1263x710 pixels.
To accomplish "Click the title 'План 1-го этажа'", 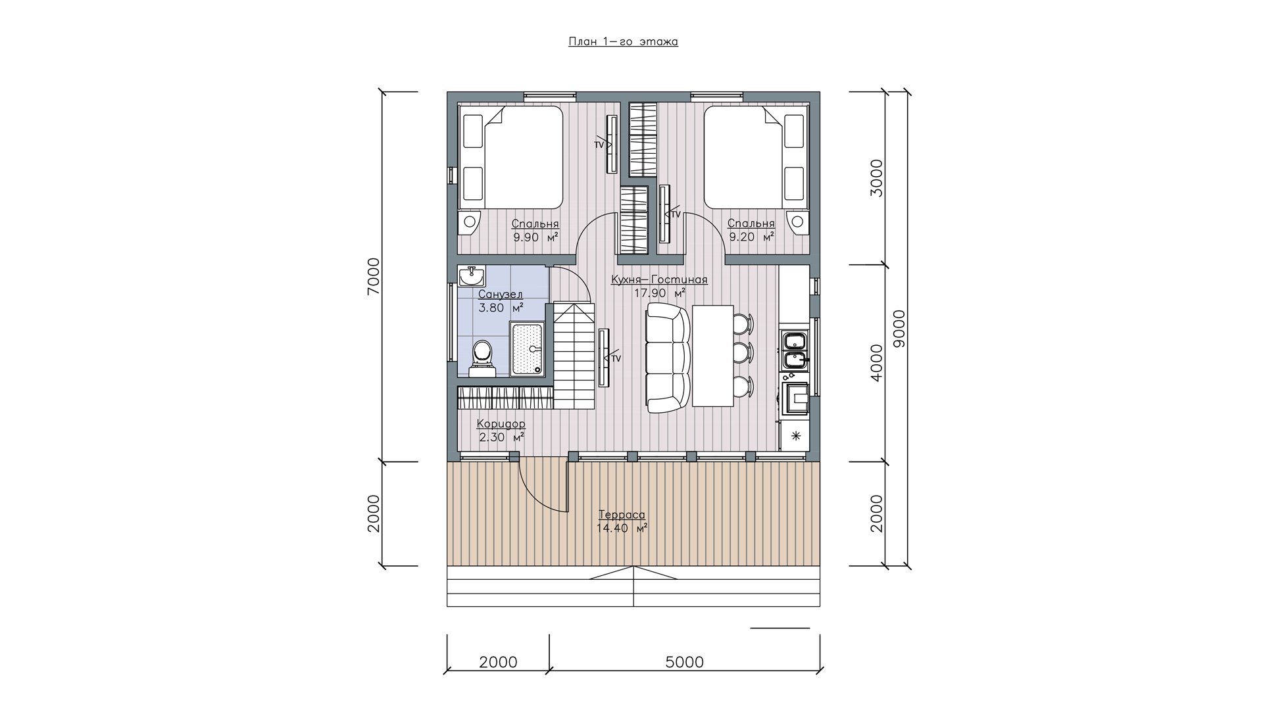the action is pos(623,41).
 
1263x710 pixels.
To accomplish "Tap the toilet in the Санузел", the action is pos(482,358).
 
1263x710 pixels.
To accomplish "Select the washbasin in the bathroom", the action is pos(472,277).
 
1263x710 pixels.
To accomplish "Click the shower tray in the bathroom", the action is pos(527,348).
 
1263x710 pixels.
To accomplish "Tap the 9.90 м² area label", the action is pos(535,237).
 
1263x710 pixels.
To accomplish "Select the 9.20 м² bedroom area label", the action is pos(751,237).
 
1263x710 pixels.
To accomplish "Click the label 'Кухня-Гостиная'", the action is pos(659,279).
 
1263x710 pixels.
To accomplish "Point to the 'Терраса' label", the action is pos(622,515).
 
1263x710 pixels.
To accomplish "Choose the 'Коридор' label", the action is pos(501,424).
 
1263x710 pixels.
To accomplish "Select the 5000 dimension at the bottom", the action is pos(684,662).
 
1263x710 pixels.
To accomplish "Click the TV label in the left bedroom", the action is pos(599,144).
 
